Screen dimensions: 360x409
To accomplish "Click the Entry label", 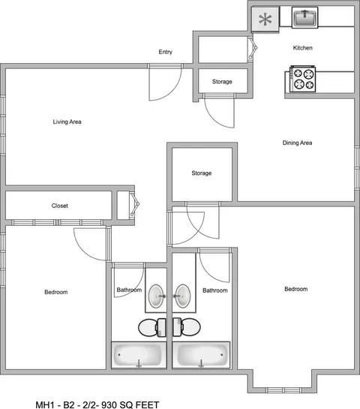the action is [x=166, y=52].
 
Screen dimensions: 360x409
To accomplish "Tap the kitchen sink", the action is [x=304, y=18].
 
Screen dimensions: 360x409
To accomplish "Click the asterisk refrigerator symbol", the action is [x=265, y=20].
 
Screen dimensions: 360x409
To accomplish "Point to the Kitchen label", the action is [x=303, y=48].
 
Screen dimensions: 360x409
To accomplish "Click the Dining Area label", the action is [x=298, y=143].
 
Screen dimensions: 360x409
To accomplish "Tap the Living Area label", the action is [x=67, y=122].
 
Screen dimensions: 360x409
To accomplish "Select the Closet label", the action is [x=60, y=206].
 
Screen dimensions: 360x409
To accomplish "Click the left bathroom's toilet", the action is [x=152, y=327].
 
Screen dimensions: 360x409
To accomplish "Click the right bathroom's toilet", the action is [x=187, y=327].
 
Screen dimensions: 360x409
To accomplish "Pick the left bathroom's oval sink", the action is [x=156, y=296].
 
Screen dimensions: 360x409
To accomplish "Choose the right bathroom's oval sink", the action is [x=183, y=296].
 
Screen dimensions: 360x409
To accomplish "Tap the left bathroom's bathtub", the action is [x=139, y=355].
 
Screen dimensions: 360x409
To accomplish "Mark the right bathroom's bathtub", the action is [x=201, y=355].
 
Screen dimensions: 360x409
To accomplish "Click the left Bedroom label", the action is [x=56, y=292].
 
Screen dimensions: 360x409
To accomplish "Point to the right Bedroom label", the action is [x=295, y=289].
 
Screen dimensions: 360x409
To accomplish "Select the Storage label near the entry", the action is [x=222, y=82].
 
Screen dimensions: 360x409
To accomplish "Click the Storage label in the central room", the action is [x=202, y=173].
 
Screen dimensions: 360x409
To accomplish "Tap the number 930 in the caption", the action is [x=109, y=404].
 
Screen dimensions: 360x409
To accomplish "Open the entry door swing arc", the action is [x=172, y=91].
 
